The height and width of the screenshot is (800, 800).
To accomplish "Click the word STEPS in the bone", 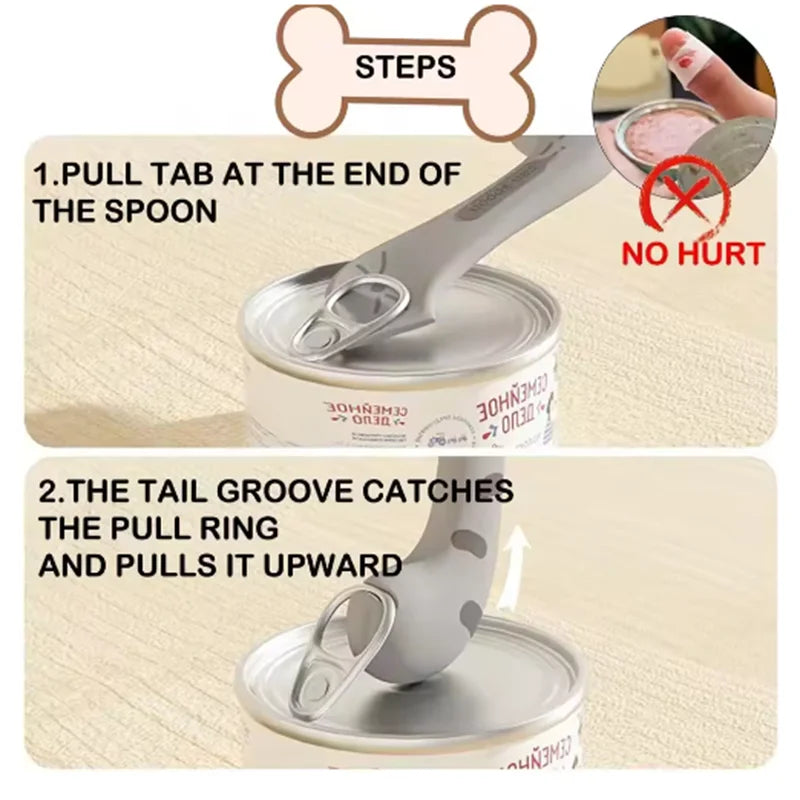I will click(405, 67).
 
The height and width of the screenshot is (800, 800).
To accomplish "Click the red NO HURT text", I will click(692, 252).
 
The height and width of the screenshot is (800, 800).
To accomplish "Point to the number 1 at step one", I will click(42, 174).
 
